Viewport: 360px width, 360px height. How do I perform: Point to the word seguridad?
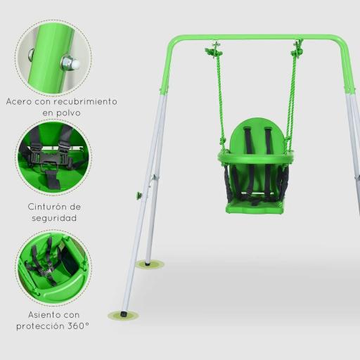(x=53, y=218)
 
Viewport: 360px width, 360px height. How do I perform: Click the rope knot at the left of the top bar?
(x=214, y=51)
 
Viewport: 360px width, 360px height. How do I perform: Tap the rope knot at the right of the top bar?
(x=297, y=50)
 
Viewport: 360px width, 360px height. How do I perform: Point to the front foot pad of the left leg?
(x=123, y=315)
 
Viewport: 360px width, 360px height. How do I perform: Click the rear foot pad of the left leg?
(x=150, y=264)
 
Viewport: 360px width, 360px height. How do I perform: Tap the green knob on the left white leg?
(x=139, y=195)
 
